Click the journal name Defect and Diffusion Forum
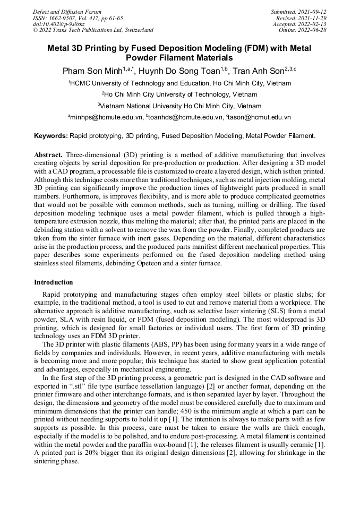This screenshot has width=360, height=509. (67, 12)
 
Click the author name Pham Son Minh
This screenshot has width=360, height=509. (92, 71)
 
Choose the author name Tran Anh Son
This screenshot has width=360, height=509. (257, 71)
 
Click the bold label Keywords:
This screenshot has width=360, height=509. (50, 136)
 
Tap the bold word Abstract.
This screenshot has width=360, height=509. (48, 154)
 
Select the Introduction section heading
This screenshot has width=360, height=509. (54, 282)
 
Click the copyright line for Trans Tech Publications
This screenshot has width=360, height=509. (93, 30)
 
